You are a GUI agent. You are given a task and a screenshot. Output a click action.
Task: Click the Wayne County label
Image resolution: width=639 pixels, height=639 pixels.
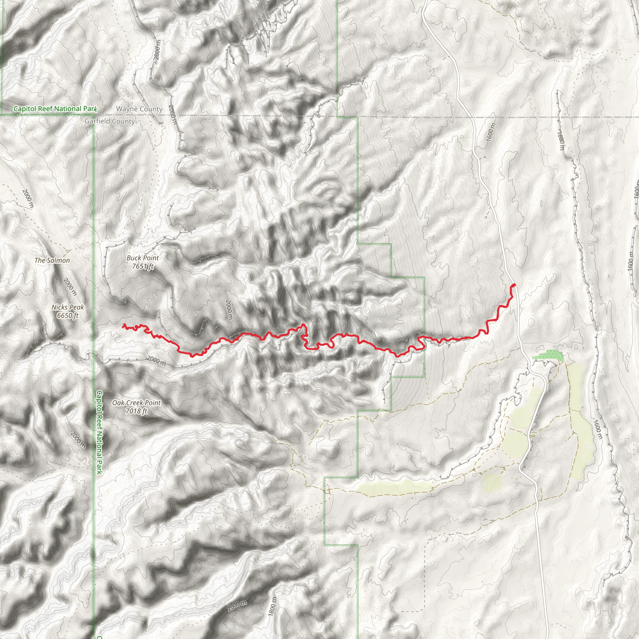[139, 109]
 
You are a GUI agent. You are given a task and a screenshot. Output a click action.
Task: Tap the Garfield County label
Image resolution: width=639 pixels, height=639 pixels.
[110, 121]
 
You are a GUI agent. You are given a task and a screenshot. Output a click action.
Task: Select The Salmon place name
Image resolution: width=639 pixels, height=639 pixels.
[52, 260]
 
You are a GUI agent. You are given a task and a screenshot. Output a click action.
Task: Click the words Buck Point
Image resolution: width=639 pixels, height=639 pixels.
[143, 258]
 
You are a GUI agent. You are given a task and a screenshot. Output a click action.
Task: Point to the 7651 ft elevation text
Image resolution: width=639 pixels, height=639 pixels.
[143, 266]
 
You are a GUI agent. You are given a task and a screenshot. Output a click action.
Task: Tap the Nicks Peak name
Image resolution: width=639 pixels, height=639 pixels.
[68, 307]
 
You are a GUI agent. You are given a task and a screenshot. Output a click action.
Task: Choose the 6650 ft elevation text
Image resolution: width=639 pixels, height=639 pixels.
[68, 315]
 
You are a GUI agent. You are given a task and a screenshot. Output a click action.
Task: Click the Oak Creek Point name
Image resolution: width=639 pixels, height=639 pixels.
[136, 403]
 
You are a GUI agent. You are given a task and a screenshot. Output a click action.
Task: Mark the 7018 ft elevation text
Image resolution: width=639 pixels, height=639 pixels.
[136, 411]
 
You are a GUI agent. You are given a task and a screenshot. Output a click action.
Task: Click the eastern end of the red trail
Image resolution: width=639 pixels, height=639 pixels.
[514, 285]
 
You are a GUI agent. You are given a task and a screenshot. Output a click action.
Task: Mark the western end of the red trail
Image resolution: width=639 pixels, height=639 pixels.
[123, 325]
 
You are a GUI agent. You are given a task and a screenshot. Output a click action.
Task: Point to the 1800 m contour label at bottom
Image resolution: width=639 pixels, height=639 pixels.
[271, 607]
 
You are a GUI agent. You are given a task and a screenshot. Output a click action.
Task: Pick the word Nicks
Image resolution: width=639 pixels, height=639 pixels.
[60, 307]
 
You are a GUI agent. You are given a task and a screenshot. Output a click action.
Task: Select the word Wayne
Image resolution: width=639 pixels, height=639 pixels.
[126, 109]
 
